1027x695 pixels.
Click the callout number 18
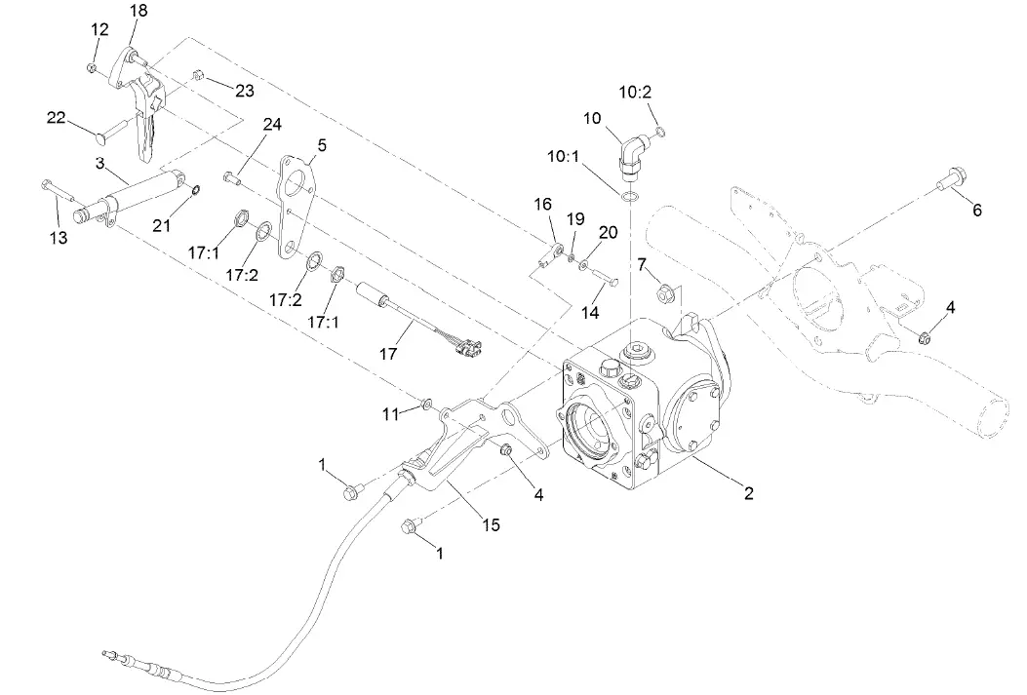(139, 11)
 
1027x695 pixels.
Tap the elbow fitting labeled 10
(634, 154)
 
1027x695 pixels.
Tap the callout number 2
(748, 493)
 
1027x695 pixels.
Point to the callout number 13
(59, 238)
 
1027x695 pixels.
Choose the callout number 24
(270, 124)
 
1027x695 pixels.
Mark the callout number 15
(490, 524)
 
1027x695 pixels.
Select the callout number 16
(543, 204)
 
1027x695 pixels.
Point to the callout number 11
(390, 414)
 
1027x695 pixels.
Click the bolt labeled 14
(606, 282)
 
